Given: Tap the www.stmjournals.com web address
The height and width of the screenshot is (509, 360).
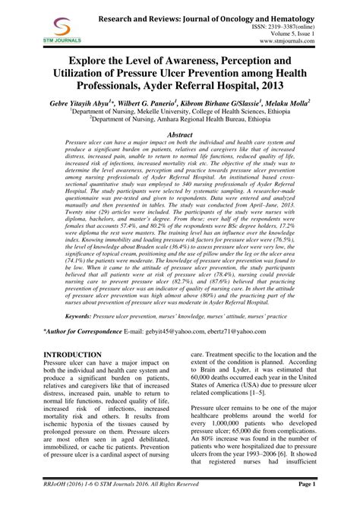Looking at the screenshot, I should point(313,41).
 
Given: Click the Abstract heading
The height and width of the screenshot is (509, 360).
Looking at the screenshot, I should point(180,133).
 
